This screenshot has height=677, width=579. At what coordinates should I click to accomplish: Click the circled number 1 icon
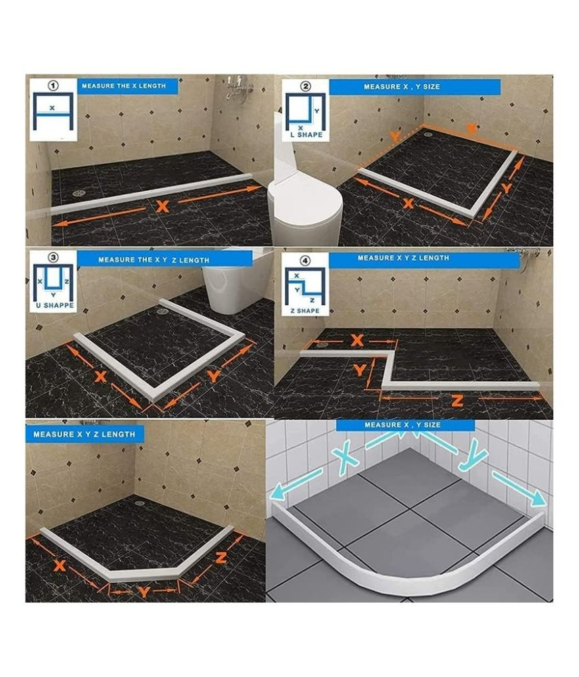[53, 86]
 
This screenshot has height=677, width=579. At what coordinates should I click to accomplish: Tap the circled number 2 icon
[306, 87]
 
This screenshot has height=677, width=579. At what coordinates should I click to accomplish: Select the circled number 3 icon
[53, 258]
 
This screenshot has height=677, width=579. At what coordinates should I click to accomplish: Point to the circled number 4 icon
[306, 261]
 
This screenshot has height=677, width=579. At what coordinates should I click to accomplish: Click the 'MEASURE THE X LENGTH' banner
[128, 86]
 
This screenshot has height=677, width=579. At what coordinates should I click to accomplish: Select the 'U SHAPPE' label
[54, 305]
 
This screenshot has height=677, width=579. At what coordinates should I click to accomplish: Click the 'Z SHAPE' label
[305, 311]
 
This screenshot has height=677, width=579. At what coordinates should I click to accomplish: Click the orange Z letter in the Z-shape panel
[457, 401]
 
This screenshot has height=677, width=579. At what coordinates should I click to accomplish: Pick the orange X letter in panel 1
[162, 206]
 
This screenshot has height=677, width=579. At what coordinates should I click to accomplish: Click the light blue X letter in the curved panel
[346, 459]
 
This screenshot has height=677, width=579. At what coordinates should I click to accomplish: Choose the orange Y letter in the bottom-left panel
[143, 592]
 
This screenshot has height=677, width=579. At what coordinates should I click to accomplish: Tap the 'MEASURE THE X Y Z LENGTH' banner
[154, 259]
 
